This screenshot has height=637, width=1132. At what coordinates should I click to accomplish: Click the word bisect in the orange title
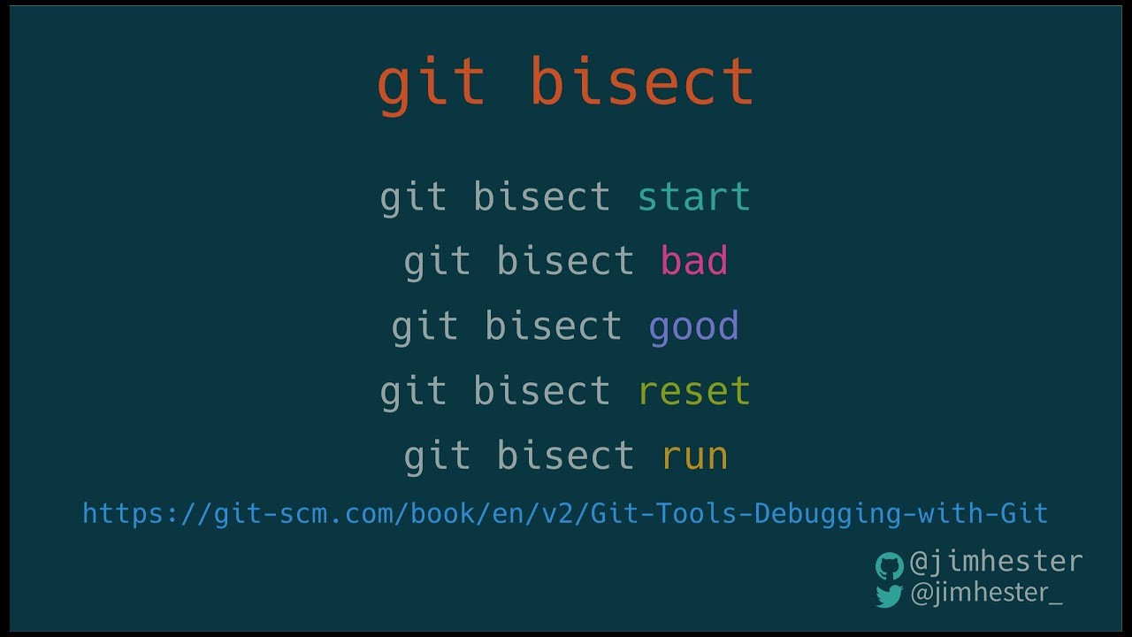(x=641, y=81)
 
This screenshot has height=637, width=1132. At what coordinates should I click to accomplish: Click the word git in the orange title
(x=432, y=83)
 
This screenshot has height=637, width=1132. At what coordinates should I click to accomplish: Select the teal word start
(x=693, y=196)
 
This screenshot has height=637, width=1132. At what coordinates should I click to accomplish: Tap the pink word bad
(x=694, y=261)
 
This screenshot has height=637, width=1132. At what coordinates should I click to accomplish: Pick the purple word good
(x=693, y=327)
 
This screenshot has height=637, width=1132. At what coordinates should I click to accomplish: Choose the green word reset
(x=693, y=391)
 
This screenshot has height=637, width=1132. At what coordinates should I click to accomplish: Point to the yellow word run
(x=694, y=457)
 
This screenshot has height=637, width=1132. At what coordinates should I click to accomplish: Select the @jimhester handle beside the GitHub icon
(x=996, y=562)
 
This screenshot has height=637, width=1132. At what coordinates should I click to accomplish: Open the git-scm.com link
(x=565, y=513)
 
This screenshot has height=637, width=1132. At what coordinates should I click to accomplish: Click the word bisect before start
(x=541, y=196)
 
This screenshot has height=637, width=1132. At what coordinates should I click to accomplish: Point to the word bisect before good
(x=553, y=326)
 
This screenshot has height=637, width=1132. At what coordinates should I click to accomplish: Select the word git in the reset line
(x=413, y=392)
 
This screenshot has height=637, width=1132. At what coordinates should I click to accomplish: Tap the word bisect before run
(x=565, y=456)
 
